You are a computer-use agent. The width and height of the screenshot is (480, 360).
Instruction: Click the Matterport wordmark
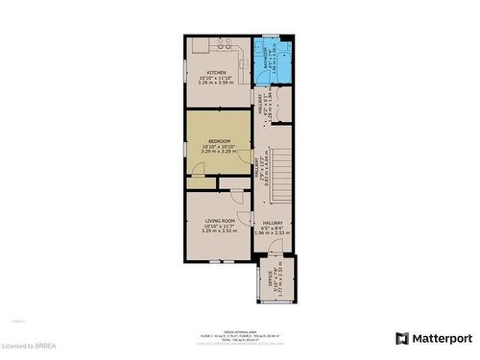pyautogui.click(x=443, y=338)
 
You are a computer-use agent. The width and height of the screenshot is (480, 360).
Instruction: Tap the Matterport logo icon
pyautogui.click(x=401, y=338)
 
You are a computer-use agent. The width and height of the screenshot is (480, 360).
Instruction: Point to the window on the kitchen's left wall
pyautogui.click(x=185, y=72)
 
